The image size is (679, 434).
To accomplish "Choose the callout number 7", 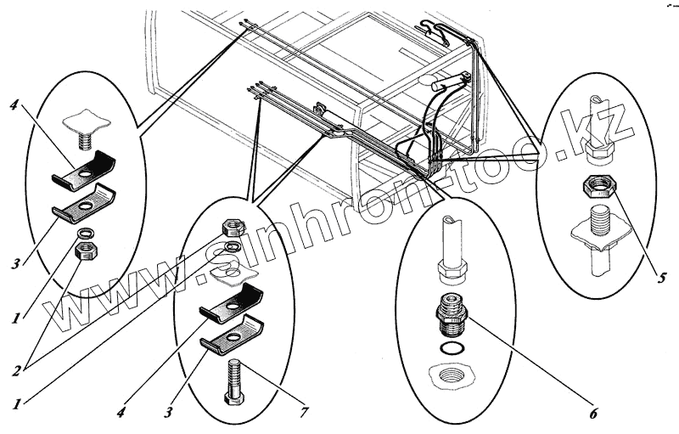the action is pos(303,413).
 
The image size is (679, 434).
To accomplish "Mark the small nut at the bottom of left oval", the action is pos(86,250).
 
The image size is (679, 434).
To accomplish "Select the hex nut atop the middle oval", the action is pos(231,227).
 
